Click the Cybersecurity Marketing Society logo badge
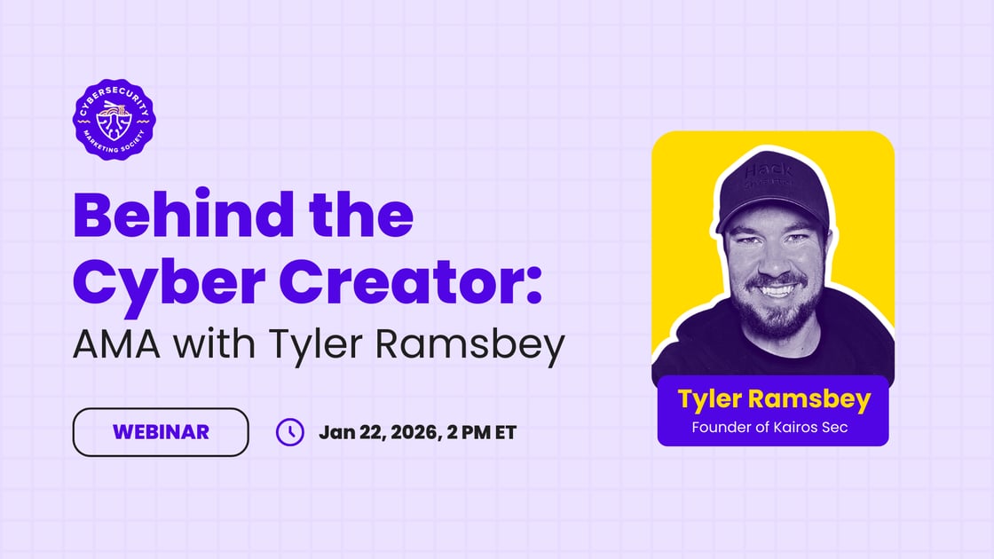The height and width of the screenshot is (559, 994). pos(114,118)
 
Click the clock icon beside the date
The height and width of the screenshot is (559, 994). pos(290,432)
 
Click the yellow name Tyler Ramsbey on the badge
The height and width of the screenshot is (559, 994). pos(773,399)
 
